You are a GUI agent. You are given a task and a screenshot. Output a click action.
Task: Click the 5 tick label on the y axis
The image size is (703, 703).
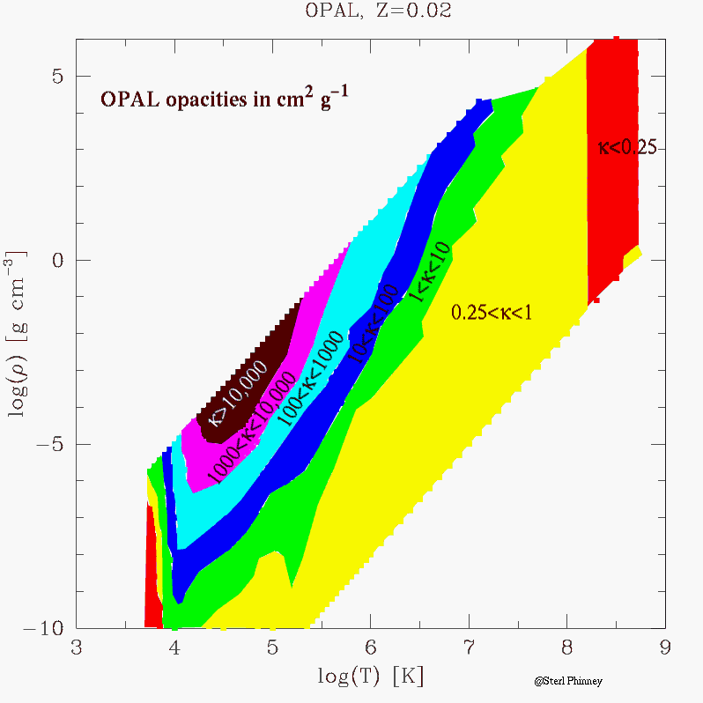[57, 76]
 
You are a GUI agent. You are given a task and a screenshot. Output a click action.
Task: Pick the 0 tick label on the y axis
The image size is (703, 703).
[57, 260]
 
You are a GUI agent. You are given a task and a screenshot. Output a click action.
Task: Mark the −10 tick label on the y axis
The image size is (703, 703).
[46, 627]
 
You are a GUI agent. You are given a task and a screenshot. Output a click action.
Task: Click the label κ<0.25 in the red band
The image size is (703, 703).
[626, 148]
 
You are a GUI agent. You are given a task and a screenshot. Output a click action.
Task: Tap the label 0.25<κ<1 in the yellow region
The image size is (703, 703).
[492, 312]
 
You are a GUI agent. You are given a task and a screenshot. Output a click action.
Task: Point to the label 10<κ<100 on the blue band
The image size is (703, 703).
[373, 324]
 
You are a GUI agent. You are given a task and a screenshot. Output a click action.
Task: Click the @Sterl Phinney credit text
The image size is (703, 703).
[562, 681]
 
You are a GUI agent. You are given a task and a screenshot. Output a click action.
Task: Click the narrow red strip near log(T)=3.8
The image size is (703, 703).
[151, 573]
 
